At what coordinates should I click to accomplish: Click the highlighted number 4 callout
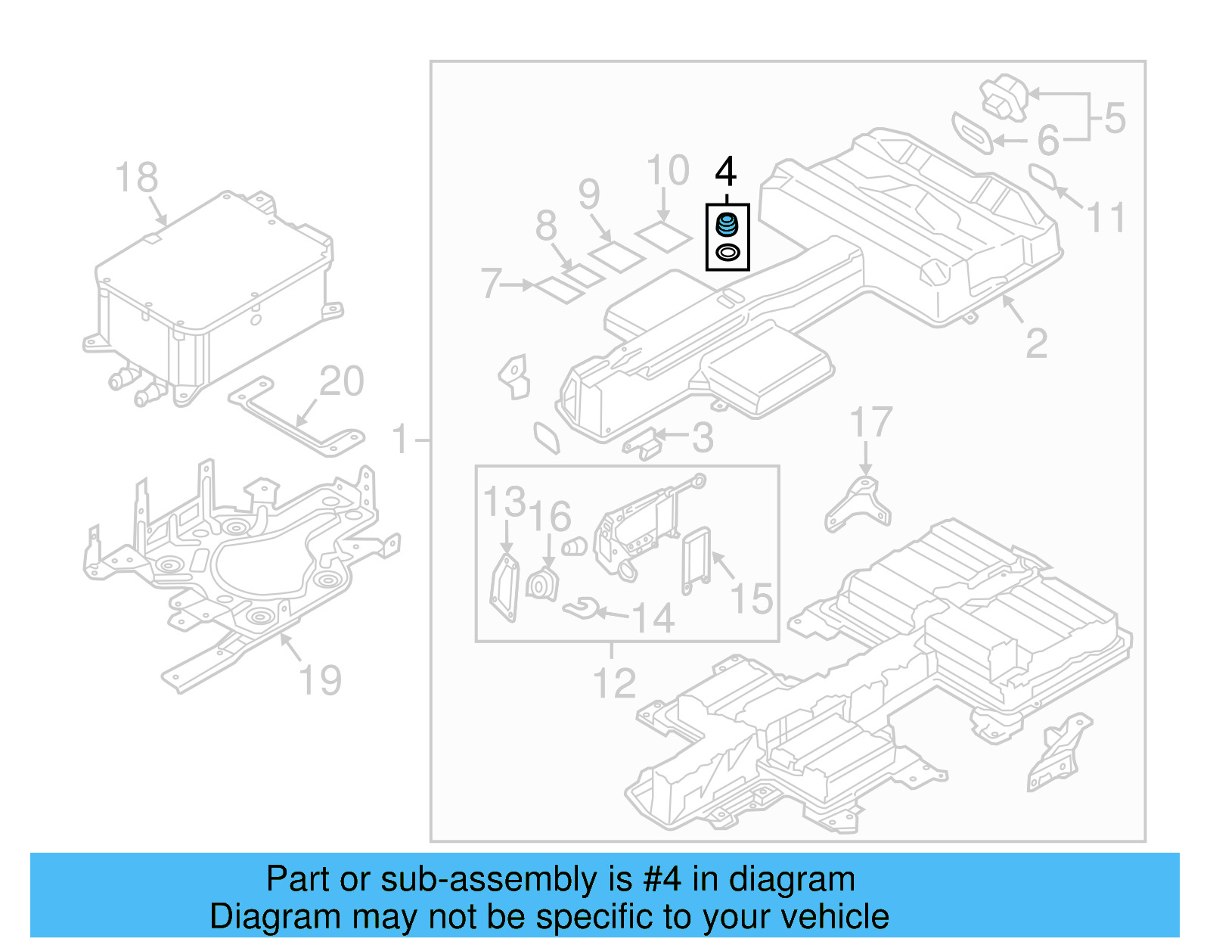pos(725,172)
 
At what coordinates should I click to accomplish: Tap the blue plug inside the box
pos(727,225)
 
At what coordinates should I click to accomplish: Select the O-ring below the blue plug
pos(728,253)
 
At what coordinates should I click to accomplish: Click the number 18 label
pos(136,179)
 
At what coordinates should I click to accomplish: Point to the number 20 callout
pos(341,381)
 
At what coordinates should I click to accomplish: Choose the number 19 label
pos(320,680)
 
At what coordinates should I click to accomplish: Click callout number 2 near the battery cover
pos(1036,344)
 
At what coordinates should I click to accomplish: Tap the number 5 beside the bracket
pos(1115,119)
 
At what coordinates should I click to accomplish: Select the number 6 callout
pos(1048,140)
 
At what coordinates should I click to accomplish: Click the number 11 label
pos(1106,218)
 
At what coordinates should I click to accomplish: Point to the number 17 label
pos(871,422)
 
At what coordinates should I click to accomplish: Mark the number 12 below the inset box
pos(614,684)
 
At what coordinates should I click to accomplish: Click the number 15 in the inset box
pos(751,598)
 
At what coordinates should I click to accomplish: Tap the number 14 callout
pos(653,618)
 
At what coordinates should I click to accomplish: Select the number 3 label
pos(703,438)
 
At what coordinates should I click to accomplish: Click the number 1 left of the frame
pos(400,440)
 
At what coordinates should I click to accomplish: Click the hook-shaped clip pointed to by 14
pos(582,607)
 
